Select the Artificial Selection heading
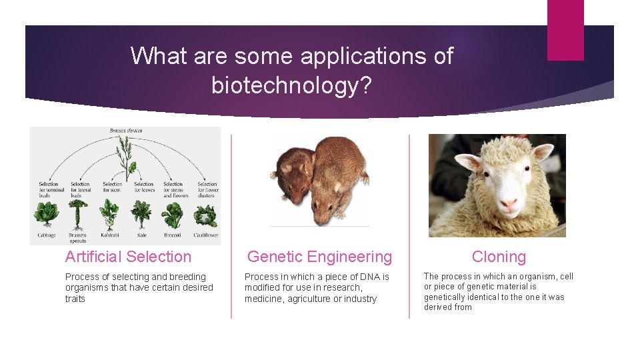tap(128, 257)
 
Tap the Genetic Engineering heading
tap(319, 257)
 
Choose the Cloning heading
tap(499, 257)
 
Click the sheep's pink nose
tap(508, 203)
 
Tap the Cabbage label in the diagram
tap(47, 235)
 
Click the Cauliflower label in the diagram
tap(205, 235)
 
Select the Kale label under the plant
tap(141, 235)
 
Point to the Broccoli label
tap(173, 235)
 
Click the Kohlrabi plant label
tap(110, 235)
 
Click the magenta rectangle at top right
tap(565, 30)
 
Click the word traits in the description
tap(75, 299)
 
